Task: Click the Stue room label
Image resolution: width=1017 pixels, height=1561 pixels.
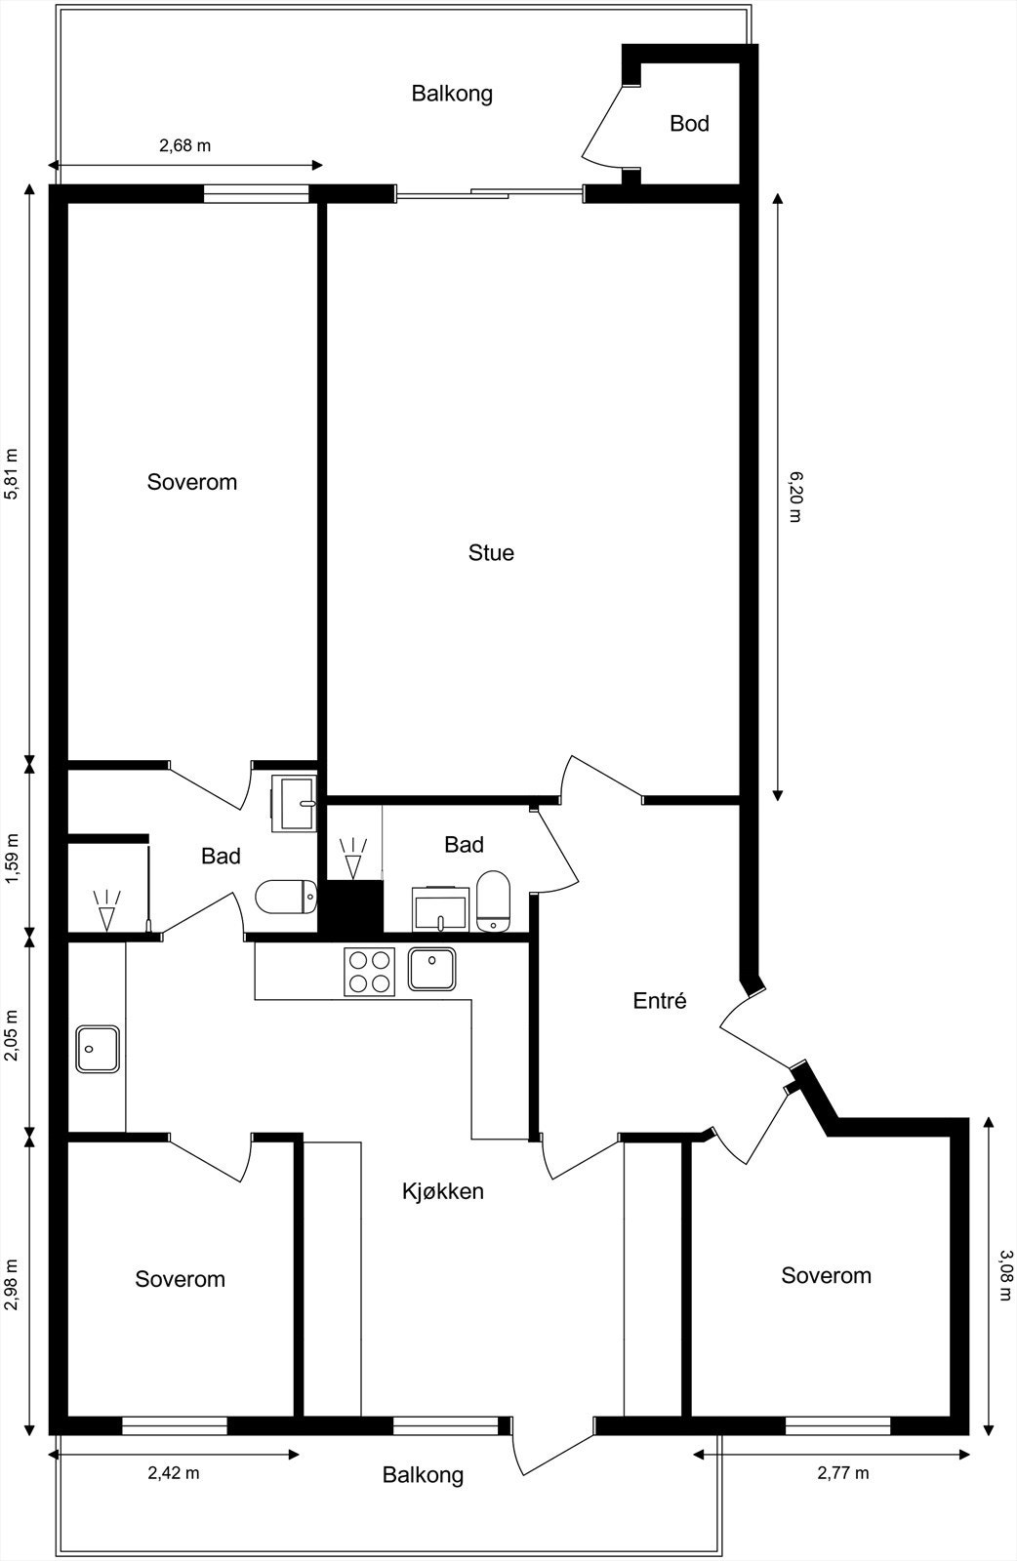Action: [491, 553]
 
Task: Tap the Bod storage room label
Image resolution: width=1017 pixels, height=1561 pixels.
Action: [689, 124]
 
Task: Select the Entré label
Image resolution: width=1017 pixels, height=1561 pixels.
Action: [660, 1001]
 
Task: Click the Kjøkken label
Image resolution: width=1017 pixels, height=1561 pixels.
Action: [443, 1191]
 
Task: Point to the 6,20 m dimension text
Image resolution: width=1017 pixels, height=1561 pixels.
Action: [794, 496]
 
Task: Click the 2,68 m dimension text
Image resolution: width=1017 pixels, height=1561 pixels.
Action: [185, 146]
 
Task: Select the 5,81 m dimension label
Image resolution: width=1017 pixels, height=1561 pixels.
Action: [13, 474]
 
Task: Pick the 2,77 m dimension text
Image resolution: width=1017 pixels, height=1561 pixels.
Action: [842, 1473]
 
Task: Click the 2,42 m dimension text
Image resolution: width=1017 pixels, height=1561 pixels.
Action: [174, 1473]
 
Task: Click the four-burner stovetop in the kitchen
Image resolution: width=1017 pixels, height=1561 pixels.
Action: [369, 971]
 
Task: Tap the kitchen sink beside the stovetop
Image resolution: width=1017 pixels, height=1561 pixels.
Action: [431, 969]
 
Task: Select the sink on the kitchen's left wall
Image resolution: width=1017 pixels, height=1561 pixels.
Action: [98, 1049]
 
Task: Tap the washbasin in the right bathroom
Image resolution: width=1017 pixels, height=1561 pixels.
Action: [441, 909]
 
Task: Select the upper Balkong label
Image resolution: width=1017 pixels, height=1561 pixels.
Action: [452, 94]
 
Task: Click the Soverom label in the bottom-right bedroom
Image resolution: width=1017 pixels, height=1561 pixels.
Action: [826, 1275]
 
